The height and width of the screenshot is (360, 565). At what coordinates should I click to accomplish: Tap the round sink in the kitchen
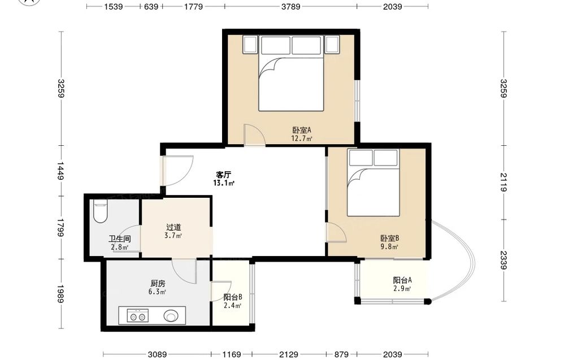pos(171,316)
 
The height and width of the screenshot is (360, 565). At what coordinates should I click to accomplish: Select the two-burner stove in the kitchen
pos(138,315)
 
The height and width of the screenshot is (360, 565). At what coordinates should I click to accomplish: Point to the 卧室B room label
pos(389,238)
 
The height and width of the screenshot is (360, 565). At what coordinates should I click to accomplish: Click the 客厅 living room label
pos(223,175)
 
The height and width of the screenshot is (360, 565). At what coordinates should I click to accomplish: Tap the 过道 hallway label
pos(173,227)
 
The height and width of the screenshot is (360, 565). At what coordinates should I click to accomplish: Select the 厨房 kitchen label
pos(158,284)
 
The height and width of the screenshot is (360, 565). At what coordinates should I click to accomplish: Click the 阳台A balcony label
pos(402,280)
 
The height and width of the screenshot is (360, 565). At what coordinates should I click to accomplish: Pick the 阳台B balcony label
pos(233,297)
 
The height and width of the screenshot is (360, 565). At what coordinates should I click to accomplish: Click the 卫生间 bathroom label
pos(120,239)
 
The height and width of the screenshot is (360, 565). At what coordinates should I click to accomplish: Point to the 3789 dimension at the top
pos(291,6)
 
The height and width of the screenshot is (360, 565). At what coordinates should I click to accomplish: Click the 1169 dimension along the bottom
pos(231,354)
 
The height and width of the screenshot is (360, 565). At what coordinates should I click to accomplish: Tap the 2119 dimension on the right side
pos(503,183)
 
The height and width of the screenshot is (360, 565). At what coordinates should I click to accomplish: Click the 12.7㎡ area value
pos(302,138)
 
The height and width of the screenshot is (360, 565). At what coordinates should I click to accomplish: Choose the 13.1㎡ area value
pos(224,183)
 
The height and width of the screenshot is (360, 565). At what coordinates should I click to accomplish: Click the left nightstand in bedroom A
pos(250,45)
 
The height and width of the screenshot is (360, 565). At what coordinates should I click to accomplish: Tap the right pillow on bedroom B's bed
pos(385,158)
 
